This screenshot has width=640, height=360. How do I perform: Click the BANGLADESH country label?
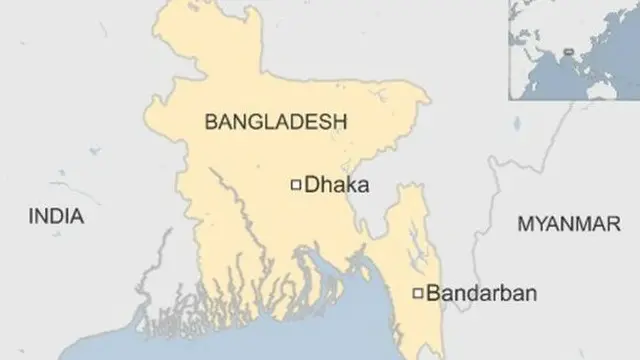tap(275, 121)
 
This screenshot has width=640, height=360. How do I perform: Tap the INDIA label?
tap(56, 216)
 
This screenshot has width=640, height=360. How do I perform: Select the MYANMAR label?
tap(567, 225)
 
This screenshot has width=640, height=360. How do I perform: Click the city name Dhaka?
tap(337, 184)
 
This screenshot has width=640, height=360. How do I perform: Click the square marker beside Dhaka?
tap(295, 184)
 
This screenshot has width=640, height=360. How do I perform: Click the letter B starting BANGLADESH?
tap(210, 121)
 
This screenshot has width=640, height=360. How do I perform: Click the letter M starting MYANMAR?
tap(523, 225)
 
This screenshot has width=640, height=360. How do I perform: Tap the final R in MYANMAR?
tap(613, 225)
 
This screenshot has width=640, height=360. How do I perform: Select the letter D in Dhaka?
tap(310, 184)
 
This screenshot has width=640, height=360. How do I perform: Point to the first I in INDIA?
tap(31, 216)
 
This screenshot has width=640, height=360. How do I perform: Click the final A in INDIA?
tap(79, 216)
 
